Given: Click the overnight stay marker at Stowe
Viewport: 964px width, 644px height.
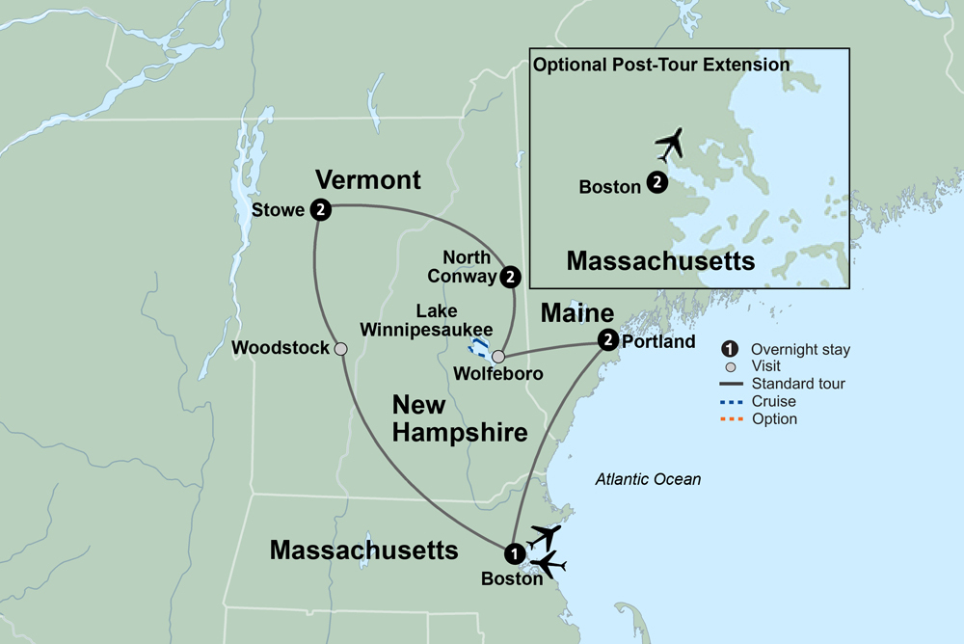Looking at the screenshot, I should click(322, 209).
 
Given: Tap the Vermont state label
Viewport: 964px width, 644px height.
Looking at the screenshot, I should click(368, 180).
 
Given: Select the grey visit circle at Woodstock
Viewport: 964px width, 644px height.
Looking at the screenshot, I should click(340, 349).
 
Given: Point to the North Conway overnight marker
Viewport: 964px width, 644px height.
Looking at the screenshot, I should click(511, 278).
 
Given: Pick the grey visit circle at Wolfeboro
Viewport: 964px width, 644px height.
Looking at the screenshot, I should click(498, 357).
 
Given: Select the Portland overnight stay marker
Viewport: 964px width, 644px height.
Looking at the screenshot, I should click(607, 339).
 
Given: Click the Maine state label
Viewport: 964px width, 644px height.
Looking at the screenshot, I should click(576, 313).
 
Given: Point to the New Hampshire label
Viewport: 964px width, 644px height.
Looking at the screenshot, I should click(460, 418).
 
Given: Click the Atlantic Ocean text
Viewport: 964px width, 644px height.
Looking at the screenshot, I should click(648, 479).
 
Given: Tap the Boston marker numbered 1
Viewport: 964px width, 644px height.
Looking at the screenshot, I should click(515, 553).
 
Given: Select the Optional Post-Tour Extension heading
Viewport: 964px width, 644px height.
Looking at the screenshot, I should click(661, 66).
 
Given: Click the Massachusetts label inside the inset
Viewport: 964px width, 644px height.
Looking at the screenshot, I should click(660, 260).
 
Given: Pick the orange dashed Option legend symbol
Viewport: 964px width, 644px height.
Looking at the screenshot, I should click(732, 419).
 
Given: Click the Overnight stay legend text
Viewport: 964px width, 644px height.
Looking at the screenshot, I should click(800, 349).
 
